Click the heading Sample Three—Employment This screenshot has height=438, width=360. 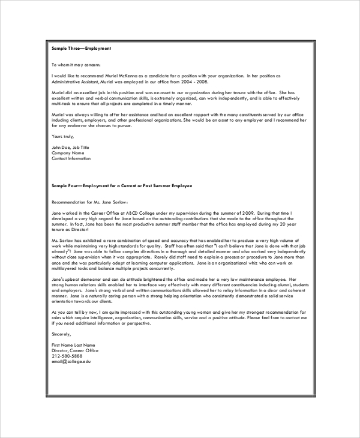pos(81,47)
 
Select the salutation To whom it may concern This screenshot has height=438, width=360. pos(76,64)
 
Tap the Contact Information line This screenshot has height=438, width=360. pos(71,158)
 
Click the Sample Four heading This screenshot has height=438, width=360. pos(122,186)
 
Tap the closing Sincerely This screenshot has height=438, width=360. pos(61,334)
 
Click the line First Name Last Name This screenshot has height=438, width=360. pos(74,346)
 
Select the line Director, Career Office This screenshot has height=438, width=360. pos(74,351)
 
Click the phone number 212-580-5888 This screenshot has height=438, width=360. pos(67,356)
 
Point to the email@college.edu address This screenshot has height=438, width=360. pos(71,362)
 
